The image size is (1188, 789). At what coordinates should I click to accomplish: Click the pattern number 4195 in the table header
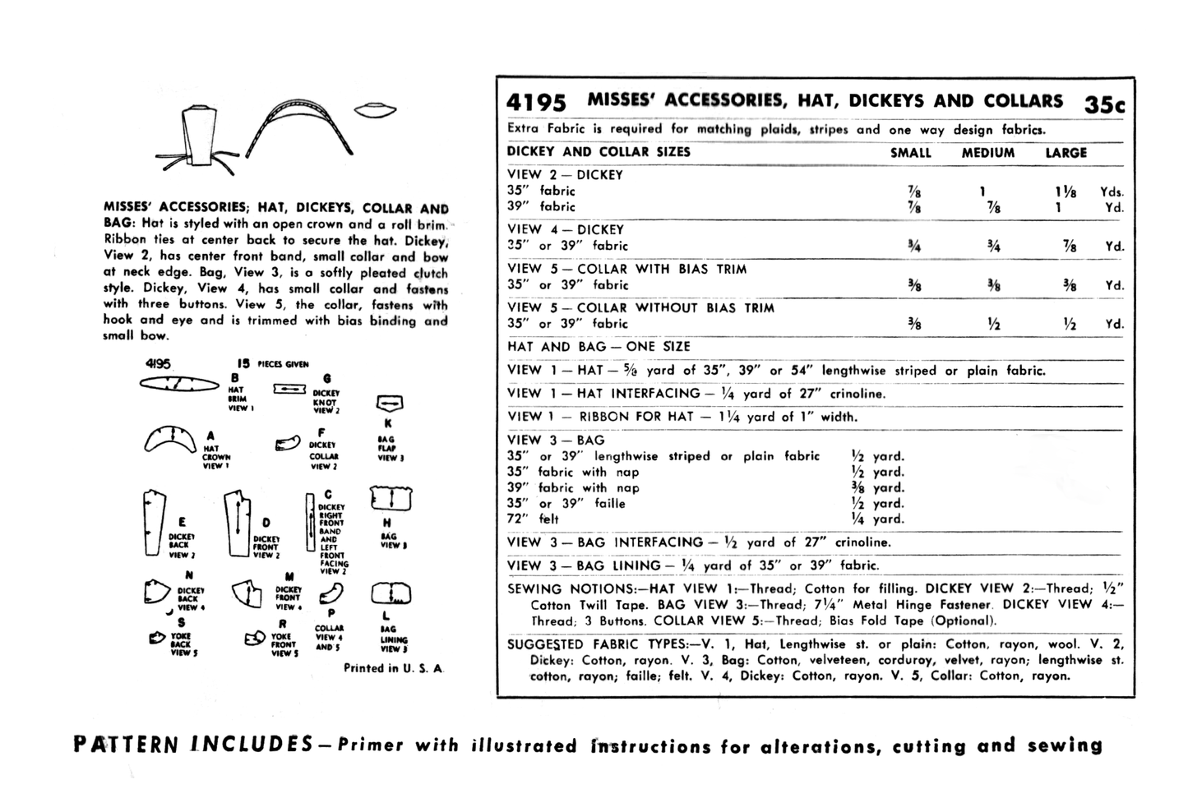(536, 103)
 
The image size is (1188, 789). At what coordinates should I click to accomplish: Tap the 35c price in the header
(1104, 104)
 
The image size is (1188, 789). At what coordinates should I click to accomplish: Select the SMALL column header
(910, 153)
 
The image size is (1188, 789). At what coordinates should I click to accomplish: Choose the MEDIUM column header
(987, 153)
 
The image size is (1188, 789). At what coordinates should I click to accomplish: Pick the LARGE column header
(1066, 153)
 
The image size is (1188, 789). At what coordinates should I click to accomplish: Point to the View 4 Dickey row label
(566, 229)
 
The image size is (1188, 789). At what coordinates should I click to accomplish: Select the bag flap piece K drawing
(389, 404)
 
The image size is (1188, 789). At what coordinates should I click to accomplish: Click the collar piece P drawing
(331, 593)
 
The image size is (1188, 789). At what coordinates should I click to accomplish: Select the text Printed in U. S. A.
(393, 668)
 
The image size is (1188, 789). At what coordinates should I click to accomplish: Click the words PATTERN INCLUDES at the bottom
(192, 745)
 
